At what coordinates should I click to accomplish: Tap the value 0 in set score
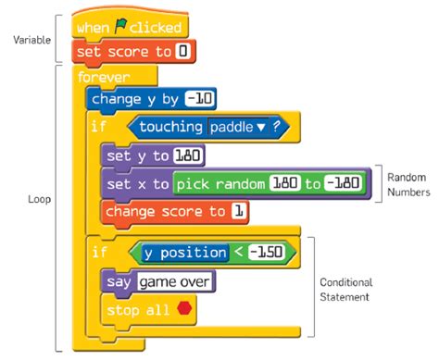(182, 52)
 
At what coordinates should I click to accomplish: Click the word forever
(104, 78)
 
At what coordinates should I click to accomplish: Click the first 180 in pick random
(284, 184)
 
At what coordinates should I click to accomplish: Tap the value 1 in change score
(239, 212)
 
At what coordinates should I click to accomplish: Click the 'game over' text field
(176, 280)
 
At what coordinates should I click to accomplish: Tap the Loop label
(40, 199)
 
